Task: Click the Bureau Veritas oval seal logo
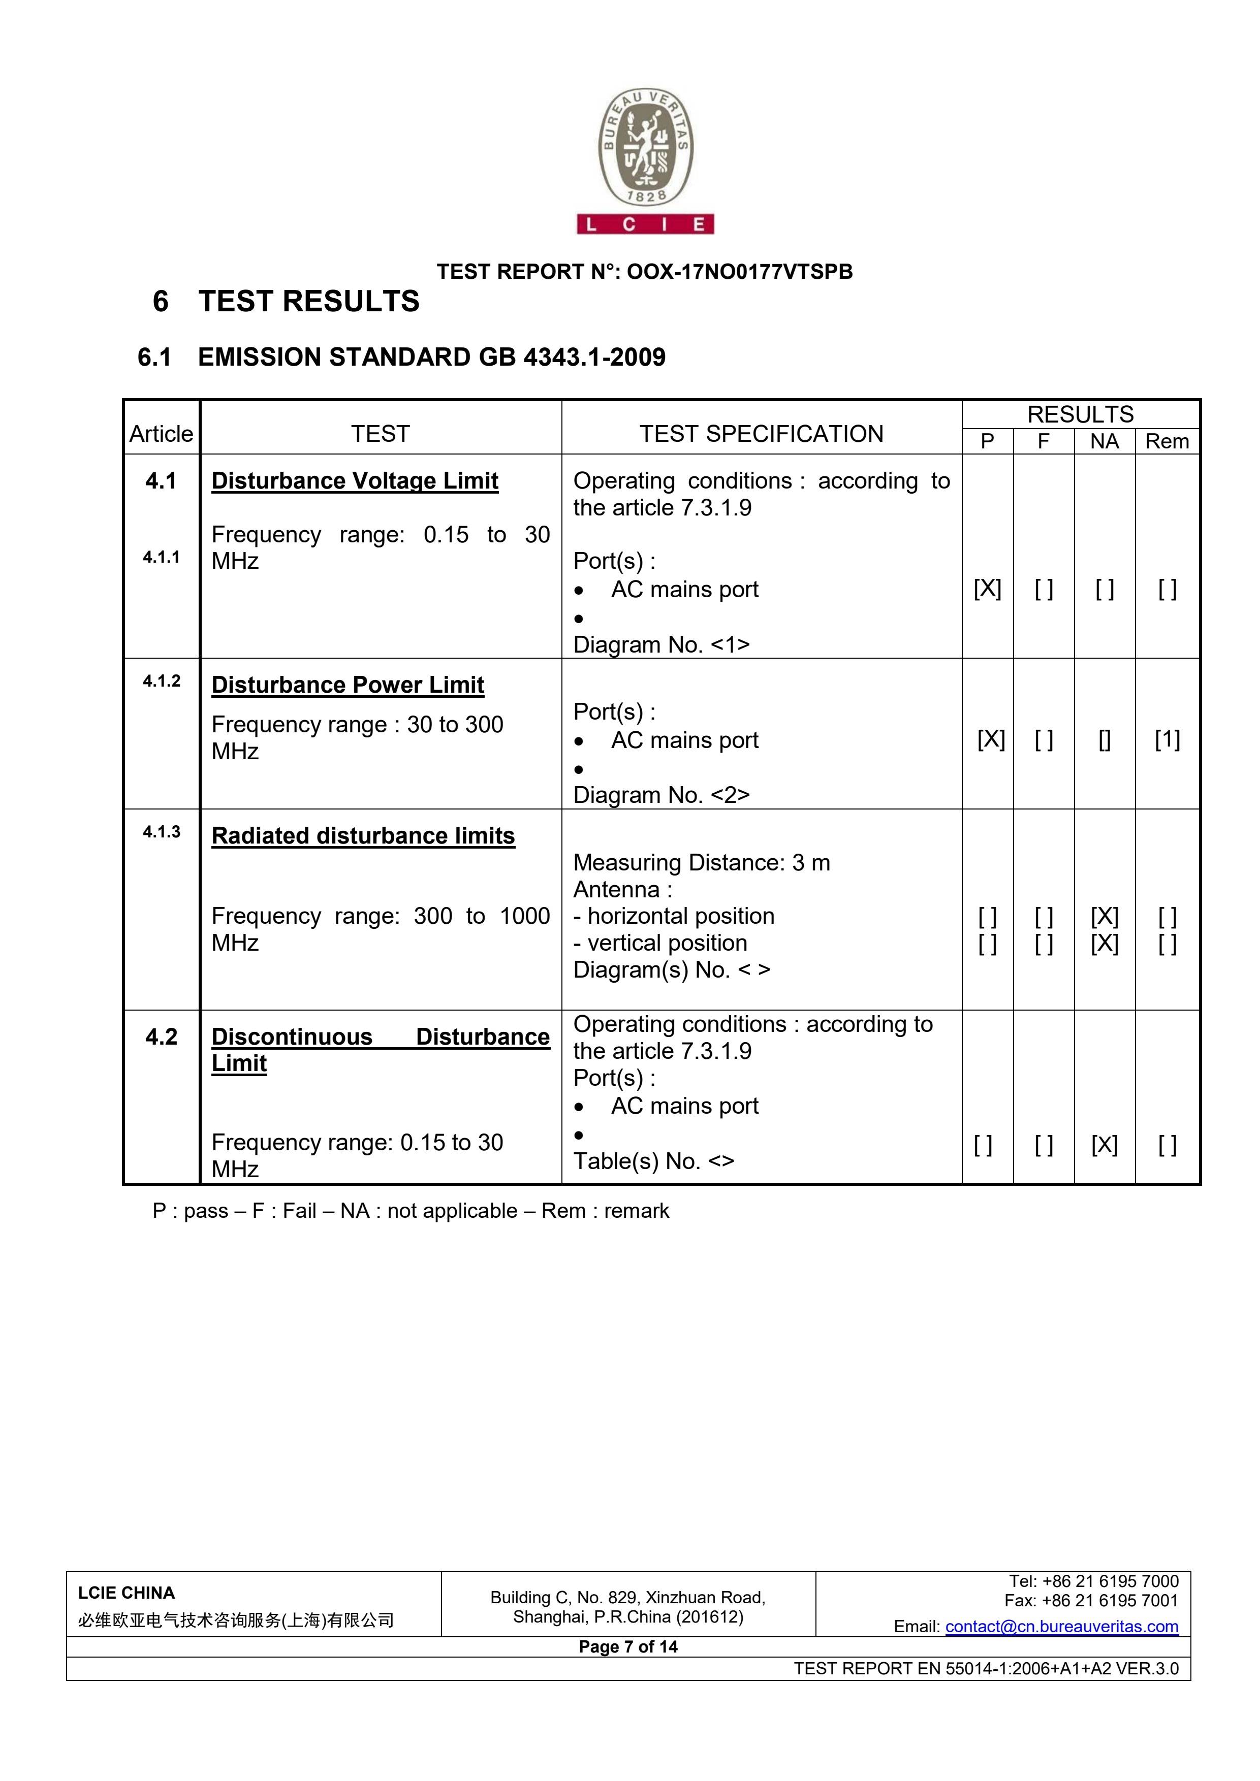point(645,149)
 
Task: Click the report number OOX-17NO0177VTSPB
point(739,272)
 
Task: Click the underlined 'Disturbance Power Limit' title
point(348,685)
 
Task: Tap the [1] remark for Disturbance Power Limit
point(1167,739)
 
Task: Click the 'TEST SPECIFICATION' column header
point(761,434)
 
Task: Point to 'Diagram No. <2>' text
point(661,795)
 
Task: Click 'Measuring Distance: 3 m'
point(701,863)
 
